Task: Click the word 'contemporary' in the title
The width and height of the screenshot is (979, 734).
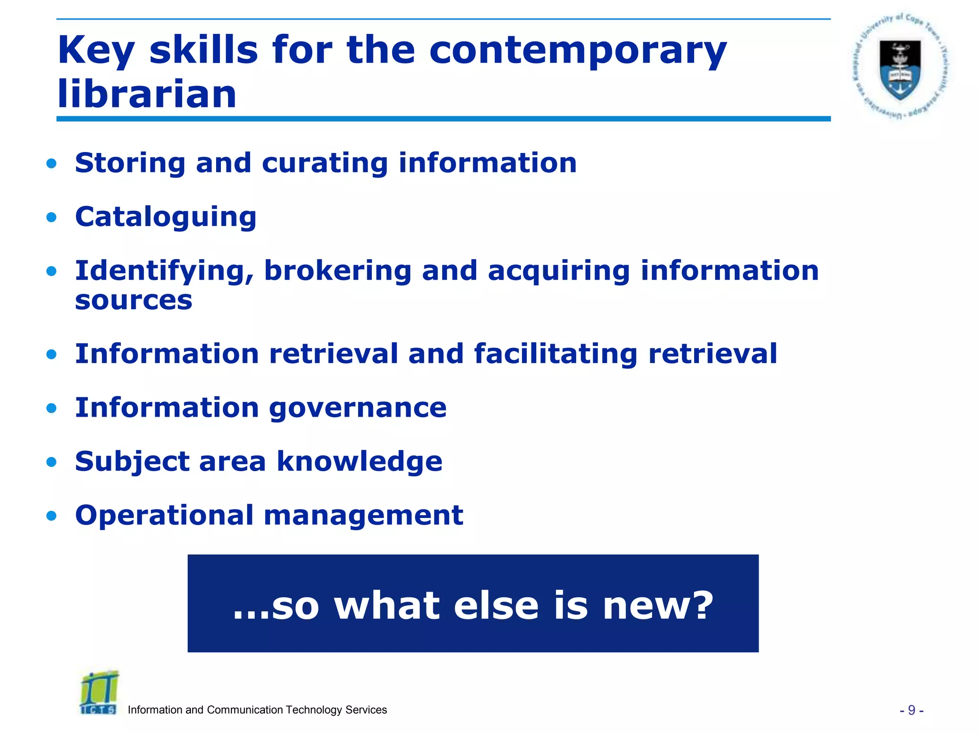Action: (577, 51)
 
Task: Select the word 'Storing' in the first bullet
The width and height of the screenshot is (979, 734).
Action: (130, 163)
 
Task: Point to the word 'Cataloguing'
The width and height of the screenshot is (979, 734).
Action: (165, 217)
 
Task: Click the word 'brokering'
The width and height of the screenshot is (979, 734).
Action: (337, 271)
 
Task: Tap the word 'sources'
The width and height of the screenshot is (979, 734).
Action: (133, 301)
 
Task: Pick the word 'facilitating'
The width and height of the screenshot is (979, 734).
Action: (555, 355)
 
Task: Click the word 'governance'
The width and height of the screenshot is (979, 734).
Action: (358, 408)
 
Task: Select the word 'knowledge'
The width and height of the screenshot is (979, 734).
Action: (359, 462)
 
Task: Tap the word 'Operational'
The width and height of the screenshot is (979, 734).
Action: (164, 516)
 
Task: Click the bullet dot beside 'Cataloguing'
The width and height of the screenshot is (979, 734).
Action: (52, 218)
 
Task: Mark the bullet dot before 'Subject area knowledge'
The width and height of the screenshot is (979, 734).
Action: (52, 462)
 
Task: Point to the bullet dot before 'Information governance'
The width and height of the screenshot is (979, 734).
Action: (52, 409)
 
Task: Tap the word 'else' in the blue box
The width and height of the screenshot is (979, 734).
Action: (496, 606)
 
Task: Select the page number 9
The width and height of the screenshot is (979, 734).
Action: (911, 711)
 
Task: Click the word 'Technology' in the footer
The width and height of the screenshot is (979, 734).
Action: (311, 710)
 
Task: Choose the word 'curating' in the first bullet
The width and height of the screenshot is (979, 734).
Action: (325, 163)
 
